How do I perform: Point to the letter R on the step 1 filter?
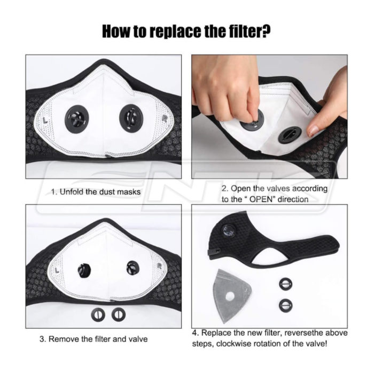pos(165,119)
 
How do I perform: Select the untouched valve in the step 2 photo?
pos(290,135)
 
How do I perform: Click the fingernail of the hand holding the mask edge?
pos(313,131)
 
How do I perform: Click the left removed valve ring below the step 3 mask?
pos(98,315)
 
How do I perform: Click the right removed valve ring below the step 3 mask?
pos(119,315)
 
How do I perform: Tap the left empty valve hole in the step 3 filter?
pos(84,271)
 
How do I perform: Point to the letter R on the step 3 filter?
pos(160,267)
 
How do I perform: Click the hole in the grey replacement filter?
pos(230,297)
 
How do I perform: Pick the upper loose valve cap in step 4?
pos(285,284)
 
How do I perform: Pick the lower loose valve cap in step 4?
pos(285,305)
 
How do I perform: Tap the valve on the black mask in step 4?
pos(229,231)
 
